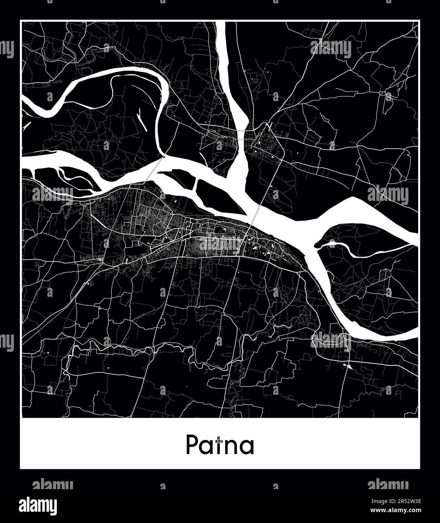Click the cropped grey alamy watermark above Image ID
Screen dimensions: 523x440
coord(388,485)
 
